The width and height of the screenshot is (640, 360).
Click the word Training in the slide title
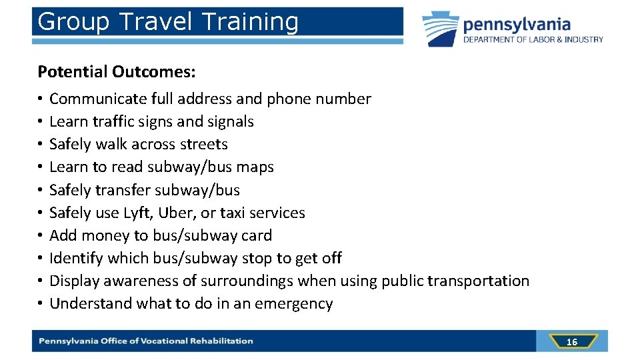pyautogui.click(x=249, y=22)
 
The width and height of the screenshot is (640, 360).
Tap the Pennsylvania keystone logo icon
pyautogui.click(x=439, y=29)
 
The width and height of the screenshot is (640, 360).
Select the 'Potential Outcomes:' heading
pyautogui.click(x=117, y=71)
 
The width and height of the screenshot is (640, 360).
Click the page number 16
pyautogui.click(x=571, y=342)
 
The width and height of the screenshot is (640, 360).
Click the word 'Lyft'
pyautogui.click(x=137, y=213)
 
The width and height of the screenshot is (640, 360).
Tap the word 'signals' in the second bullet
pyautogui.click(x=230, y=122)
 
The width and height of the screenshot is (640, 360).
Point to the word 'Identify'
pyautogui.click(x=76, y=258)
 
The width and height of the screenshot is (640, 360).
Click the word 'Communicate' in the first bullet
pyautogui.click(x=98, y=99)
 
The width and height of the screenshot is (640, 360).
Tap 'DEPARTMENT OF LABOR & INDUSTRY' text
pyautogui.click(x=533, y=39)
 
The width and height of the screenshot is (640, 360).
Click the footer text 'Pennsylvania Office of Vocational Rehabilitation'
pyautogui.click(x=146, y=341)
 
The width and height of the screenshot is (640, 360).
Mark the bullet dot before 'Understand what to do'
pyautogui.click(x=41, y=304)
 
